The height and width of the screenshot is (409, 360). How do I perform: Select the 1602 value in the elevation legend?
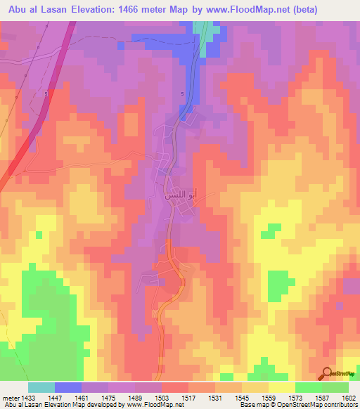click(348, 397)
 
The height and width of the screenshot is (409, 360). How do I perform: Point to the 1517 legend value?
click(188, 397)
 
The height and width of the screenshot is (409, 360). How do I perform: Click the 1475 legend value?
click(108, 397)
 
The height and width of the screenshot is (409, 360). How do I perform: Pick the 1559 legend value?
click(268, 397)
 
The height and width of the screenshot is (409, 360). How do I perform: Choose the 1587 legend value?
click(321, 397)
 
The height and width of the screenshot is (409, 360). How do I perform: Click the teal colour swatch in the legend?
click(41, 387)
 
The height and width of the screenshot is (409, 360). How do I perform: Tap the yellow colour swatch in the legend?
click(281, 387)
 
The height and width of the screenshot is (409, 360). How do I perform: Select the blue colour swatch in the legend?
click(67, 387)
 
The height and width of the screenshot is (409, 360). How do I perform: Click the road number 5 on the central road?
click(183, 94)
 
